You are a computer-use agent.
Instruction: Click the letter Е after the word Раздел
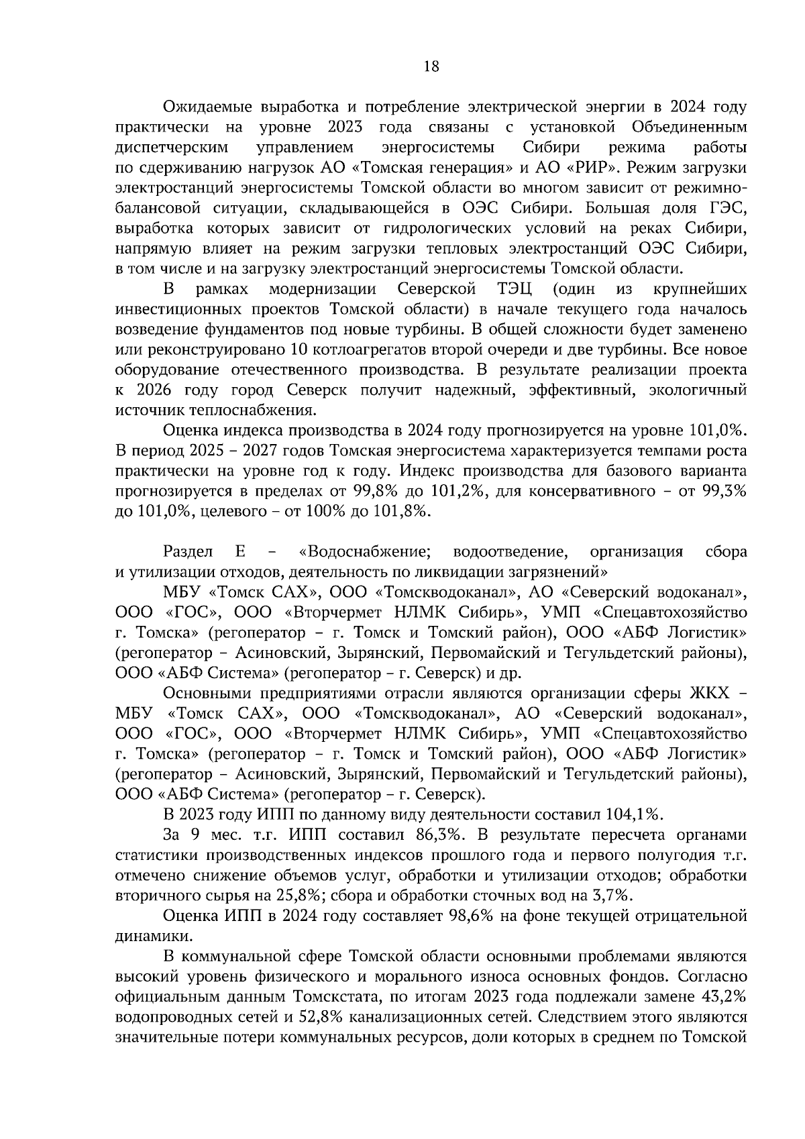tap(240, 551)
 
